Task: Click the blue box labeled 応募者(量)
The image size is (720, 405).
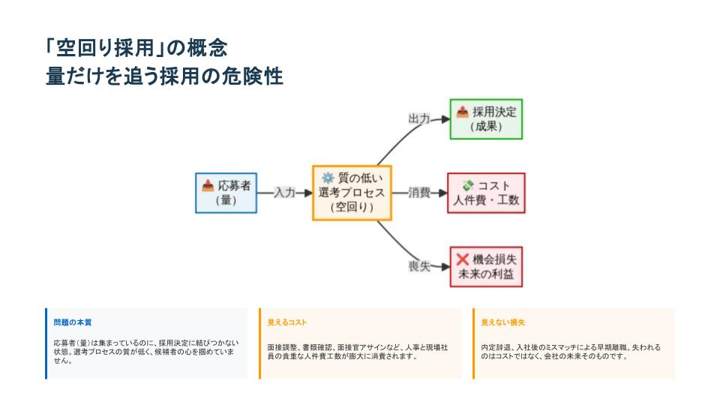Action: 224,193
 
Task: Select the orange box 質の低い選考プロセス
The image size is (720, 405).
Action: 352,193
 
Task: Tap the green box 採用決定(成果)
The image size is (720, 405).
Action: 486,118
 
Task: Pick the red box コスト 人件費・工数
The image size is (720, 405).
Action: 486,193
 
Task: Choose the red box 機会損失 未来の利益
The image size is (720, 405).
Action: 486,267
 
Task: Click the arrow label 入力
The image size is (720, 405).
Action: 284,193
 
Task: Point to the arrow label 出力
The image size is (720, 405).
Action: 419,118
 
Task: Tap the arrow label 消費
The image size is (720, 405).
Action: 419,193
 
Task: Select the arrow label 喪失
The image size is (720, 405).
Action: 419,266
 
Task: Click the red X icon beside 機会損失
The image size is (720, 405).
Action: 463,259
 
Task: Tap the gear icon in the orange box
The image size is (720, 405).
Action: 328,178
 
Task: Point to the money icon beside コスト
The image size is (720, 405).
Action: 468,185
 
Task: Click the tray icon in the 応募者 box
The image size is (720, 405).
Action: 208,185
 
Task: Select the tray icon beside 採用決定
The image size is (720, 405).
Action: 463,112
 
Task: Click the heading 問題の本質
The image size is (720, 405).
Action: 73,322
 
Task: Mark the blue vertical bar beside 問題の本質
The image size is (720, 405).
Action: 46,343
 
